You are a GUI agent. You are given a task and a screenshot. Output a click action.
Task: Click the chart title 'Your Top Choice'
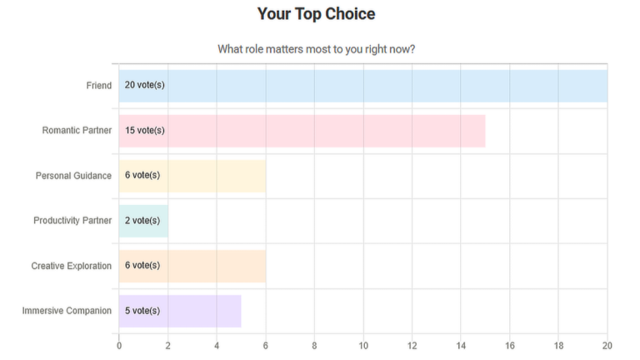(x=316, y=14)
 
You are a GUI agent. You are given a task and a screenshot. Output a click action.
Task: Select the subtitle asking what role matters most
(x=317, y=49)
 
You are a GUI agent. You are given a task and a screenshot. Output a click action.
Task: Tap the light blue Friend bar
(x=363, y=86)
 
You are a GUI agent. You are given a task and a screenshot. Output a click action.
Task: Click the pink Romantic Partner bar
(x=302, y=131)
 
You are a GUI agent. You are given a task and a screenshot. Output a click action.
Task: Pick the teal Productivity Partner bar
(x=143, y=221)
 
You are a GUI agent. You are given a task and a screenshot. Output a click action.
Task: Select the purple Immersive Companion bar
(x=180, y=311)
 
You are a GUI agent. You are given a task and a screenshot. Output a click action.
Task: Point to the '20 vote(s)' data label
(x=144, y=85)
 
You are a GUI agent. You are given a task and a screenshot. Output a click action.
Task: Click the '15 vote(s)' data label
(x=144, y=130)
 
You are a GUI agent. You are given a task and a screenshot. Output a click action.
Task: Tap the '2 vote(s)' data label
(x=142, y=220)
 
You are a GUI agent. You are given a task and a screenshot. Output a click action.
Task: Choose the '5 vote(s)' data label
(x=142, y=311)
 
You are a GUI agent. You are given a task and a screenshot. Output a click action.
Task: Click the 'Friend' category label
(x=99, y=86)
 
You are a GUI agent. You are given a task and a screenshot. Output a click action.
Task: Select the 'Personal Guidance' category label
(x=73, y=176)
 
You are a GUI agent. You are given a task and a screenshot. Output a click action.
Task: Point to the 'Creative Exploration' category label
(x=72, y=266)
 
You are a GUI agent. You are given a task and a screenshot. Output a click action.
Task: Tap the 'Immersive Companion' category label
(x=67, y=311)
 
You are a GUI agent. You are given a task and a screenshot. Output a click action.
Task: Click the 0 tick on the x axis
(x=119, y=346)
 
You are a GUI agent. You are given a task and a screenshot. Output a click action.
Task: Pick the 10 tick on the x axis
(x=363, y=346)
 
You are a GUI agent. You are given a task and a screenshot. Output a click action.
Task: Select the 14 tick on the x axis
(x=461, y=346)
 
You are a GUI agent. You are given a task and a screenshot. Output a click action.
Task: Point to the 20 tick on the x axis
(x=607, y=346)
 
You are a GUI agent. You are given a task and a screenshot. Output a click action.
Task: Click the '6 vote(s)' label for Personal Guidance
(x=142, y=175)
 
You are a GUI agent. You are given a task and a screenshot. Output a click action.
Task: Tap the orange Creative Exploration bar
(x=192, y=266)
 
